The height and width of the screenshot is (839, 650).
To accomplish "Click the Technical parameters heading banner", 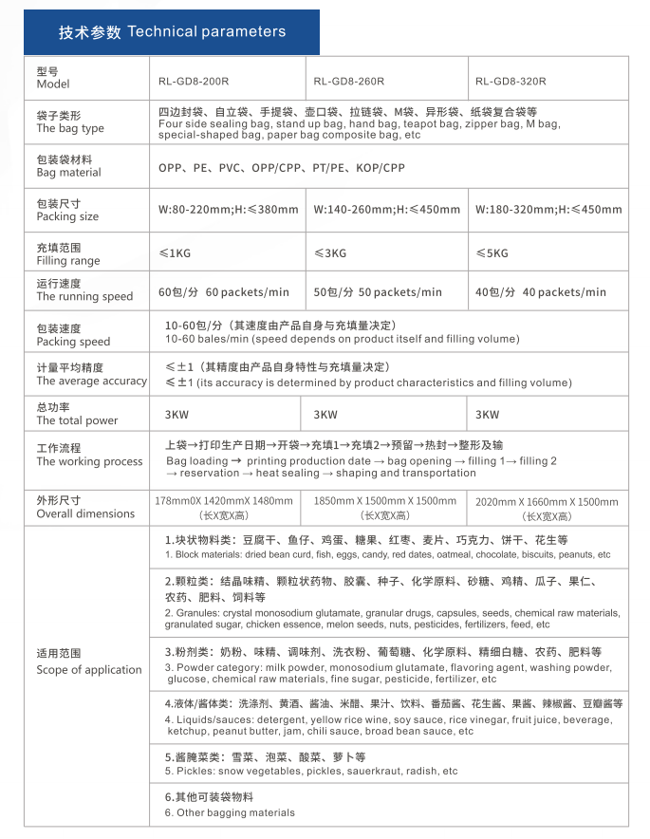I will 172,32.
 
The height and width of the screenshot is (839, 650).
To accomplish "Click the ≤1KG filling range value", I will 175,253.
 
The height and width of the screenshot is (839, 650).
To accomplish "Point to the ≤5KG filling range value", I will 492,253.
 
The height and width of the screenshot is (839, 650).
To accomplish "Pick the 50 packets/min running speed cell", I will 378,292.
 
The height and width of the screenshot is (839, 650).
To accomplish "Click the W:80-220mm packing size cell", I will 229,210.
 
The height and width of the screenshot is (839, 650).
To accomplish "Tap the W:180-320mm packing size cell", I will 548,210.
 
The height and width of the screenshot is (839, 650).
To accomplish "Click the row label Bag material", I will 69,166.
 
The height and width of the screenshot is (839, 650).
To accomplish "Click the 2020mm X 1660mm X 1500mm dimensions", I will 547,502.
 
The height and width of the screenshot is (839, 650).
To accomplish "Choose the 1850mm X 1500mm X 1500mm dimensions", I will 384,501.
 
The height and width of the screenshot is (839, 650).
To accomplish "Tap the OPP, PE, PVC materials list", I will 282,168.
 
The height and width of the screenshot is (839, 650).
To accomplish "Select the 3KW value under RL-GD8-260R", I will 325,415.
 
